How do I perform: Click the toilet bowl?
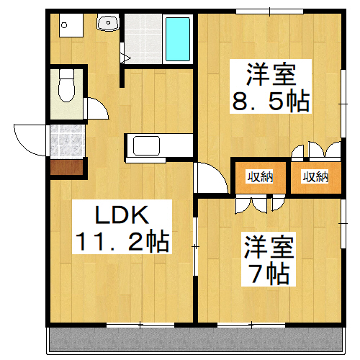(67, 88)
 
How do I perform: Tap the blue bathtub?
(177, 40)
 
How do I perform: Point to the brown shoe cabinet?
(66, 168)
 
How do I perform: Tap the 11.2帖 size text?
(122, 241)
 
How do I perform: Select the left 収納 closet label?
(260, 176)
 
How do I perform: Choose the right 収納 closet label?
(314, 176)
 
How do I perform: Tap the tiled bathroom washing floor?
(143, 40)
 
